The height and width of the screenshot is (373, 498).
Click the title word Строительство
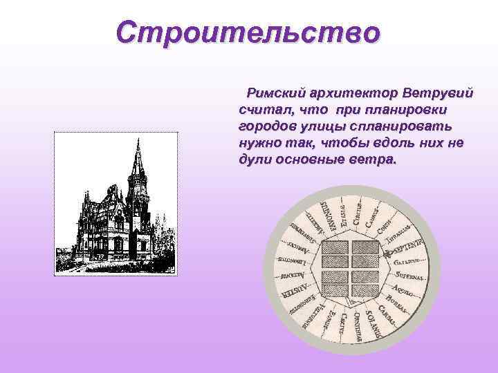point(248,32)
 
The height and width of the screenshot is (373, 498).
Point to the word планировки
point(401,110)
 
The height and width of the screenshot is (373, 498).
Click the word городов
point(266,126)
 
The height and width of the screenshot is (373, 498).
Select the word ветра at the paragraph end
point(375,160)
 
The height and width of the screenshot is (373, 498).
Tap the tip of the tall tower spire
point(138,141)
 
